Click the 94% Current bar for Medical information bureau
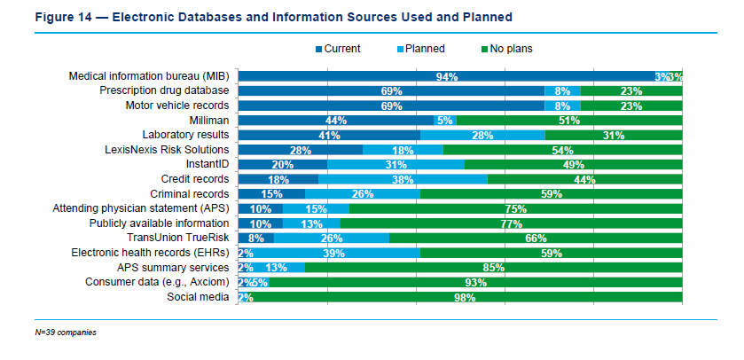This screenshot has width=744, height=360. [446, 76]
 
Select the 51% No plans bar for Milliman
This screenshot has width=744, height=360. [568, 121]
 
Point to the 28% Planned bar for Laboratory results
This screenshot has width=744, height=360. [482, 135]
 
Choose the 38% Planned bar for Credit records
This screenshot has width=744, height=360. [403, 179]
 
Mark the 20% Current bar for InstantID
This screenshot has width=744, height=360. [283, 165]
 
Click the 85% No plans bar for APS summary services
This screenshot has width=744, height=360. [493, 268]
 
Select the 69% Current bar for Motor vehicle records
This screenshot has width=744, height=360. [391, 106]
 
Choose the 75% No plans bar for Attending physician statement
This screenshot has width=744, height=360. [515, 208]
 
